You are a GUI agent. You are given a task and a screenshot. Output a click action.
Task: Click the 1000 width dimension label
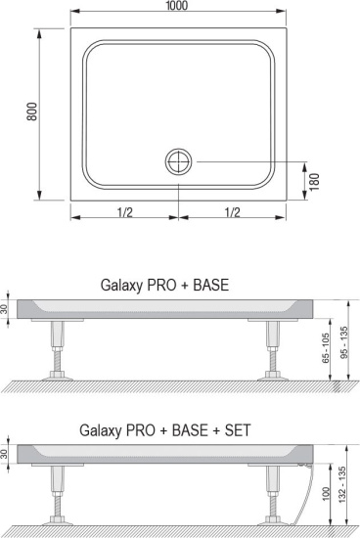177,6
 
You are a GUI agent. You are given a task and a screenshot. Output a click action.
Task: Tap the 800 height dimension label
32,112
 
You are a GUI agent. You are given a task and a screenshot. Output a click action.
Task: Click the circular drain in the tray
178,161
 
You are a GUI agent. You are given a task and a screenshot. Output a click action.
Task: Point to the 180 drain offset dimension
314,182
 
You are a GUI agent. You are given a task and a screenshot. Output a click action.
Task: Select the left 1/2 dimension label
125,212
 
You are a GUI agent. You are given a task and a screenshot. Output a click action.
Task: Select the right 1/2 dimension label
232,212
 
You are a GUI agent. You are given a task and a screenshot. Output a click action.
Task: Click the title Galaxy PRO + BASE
164,285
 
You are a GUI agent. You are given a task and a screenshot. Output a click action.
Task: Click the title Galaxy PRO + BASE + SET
165,430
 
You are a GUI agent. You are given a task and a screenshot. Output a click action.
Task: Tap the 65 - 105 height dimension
326,347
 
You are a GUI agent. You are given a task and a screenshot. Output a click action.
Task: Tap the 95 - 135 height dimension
344,342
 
